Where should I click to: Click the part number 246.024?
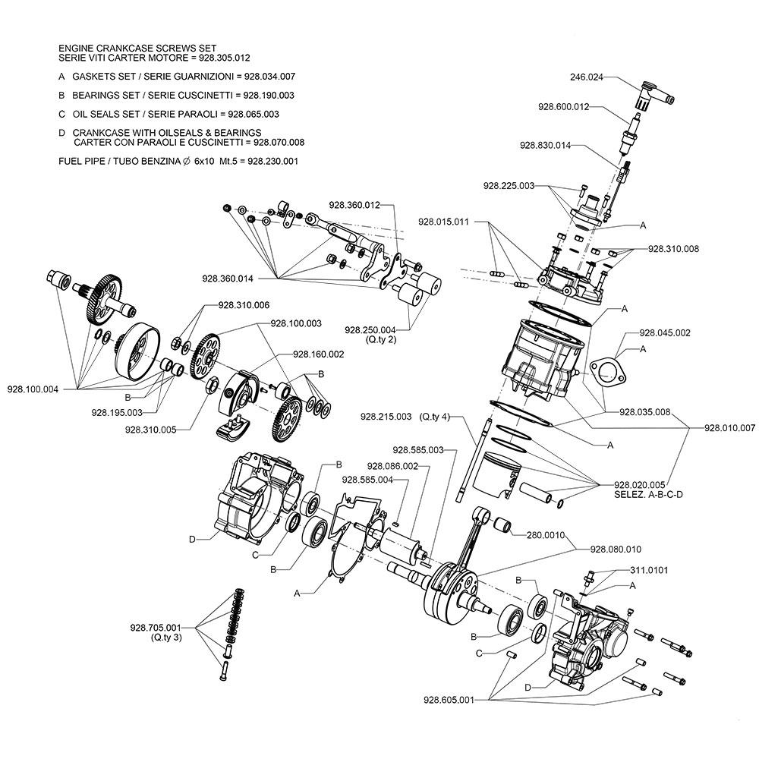point(587,77)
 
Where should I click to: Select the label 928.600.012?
point(563,106)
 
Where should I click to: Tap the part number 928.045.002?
point(665,333)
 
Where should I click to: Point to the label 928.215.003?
point(386,416)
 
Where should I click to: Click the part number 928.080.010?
point(616,550)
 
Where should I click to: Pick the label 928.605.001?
point(449,700)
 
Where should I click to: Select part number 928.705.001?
point(156,628)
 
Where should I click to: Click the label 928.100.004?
point(33,389)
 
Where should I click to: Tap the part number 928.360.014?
point(228,279)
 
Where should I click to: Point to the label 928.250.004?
point(370,330)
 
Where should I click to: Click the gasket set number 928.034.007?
point(269,77)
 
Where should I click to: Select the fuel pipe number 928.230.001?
point(273,161)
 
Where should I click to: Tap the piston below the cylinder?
point(496,476)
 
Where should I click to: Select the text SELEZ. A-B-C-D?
point(648,495)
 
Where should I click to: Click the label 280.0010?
point(546,535)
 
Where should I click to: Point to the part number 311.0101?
point(649,570)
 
